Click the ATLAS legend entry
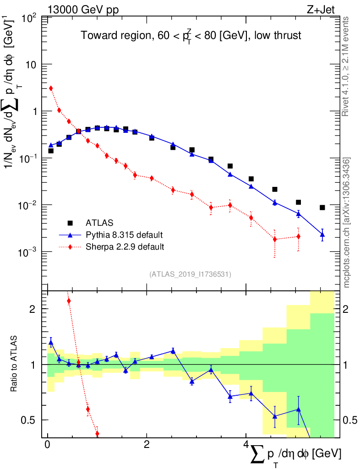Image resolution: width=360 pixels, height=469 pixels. [x=98, y=223]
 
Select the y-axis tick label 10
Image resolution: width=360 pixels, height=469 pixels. [x=31, y=65]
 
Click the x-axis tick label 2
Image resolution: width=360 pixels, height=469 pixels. [x=146, y=445]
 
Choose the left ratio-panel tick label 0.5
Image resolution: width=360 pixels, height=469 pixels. [x=33, y=420]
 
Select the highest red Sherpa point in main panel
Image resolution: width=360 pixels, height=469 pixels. [x=51, y=88]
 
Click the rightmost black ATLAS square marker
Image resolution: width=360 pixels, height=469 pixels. [x=322, y=207]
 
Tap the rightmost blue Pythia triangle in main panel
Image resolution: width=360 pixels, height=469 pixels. [x=322, y=234]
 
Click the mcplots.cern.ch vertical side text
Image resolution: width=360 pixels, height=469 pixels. [x=347, y=223]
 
